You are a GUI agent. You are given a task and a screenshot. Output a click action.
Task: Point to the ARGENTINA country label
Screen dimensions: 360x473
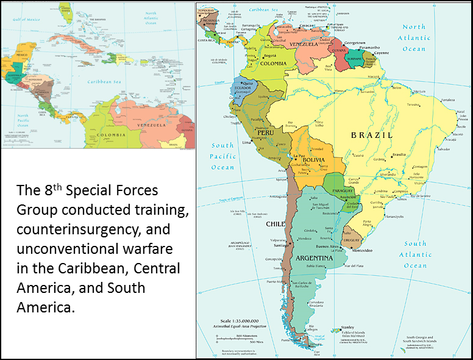(314, 258)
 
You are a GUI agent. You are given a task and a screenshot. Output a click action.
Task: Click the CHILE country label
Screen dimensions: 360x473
(276, 224)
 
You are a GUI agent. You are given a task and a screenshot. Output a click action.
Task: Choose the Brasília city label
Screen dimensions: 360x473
(399, 155)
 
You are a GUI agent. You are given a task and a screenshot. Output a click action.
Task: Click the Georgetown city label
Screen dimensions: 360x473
(354, 43)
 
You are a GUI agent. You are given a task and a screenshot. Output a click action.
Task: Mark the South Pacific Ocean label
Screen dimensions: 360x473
(222, 156)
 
